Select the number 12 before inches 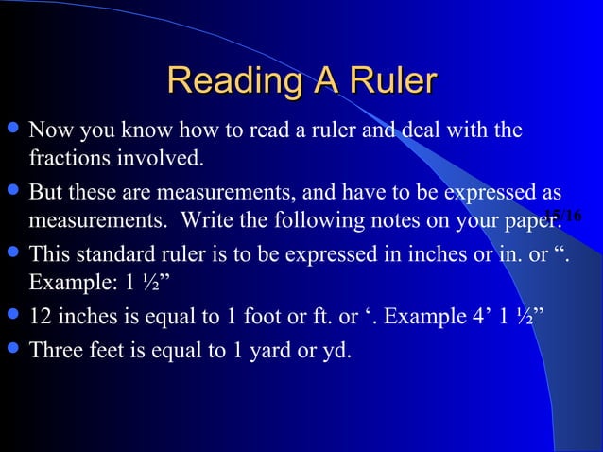[x=41, y=316]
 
